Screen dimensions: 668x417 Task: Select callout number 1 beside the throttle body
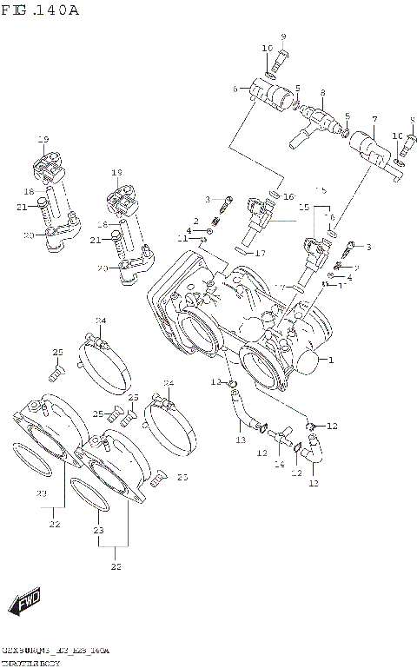coord(329,359)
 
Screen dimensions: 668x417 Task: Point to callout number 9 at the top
coord(282,36)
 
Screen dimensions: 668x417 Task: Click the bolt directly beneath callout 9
coord(281,60)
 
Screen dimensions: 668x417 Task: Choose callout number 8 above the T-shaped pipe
coord(322,92)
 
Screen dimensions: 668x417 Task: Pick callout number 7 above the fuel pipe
coord(374,119)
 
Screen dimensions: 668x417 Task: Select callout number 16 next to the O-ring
coord(289,196)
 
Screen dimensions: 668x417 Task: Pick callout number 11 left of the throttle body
coord(182,238)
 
